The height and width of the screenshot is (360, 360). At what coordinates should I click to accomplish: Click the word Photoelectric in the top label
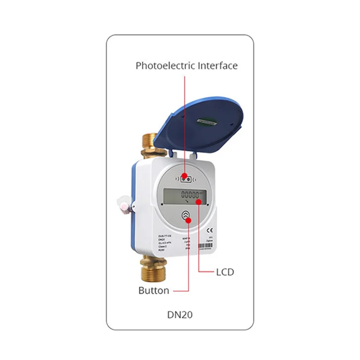[x=165, y=66]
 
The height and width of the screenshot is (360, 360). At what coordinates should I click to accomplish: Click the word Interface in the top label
[x=217, y=66]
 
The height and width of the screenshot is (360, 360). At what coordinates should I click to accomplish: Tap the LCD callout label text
[x=225, y=272]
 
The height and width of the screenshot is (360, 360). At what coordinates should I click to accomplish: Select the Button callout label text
[x=154, y=290]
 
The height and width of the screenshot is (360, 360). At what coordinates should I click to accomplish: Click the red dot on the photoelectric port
[x=185, y=176]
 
